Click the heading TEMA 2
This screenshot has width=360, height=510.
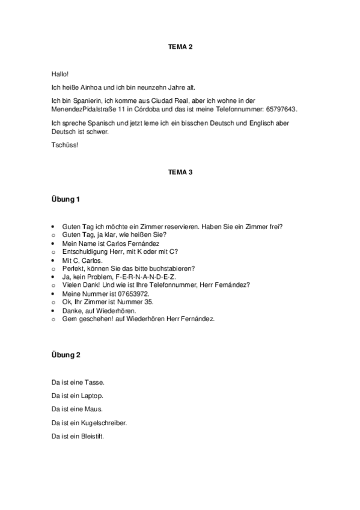[x=180, y=46]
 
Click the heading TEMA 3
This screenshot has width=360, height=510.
[x=180, y=172]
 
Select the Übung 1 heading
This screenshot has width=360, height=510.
[x=66, y=198]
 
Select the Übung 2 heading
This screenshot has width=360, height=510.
[x=66, y=355]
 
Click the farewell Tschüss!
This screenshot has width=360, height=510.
[x=65, y=145]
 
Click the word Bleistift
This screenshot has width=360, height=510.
[x=92, y=436]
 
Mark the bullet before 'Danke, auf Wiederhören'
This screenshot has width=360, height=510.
[x=55, y=310]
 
